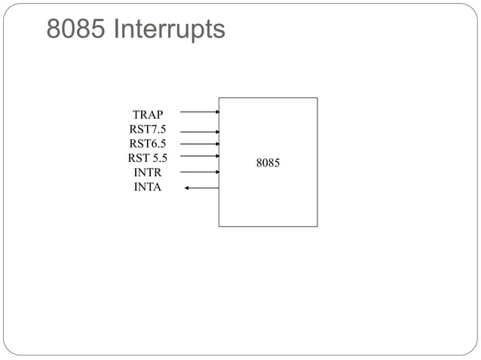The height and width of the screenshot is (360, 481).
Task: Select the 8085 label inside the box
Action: pyautogui.click(x=268, y=162)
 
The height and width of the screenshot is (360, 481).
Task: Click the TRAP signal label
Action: pyautogui.click(x=148, y=115)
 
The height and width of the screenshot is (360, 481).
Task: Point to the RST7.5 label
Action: pyautogui.click(x=148, y=130)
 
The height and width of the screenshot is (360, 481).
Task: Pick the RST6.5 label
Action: pyautogui.click(x=148, y=144)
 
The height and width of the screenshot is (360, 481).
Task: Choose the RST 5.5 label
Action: pyautogui.click(x=148, y=158)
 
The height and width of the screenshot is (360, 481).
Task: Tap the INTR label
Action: pyautogui.click(x=148, y=172)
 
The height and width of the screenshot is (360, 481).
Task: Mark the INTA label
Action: pyautogui.click(x=148, y=187)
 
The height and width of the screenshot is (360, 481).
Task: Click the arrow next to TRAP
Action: pyautogui.click(x=200, y=111)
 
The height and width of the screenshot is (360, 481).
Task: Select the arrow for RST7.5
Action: pyautogui.click(x=200, y=131)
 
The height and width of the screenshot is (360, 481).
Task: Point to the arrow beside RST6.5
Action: pyautogui.click(x=200, y=143)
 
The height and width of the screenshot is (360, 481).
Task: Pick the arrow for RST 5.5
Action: pyautogui.click(x=200, y=156)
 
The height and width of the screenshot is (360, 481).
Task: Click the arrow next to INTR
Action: pyautogui.click(x=200, y=172)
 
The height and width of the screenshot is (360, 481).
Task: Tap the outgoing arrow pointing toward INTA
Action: pyautogui.click(x=202, y=188)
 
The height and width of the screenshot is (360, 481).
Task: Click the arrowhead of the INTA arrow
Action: pyautogui.click(x=186, y=188)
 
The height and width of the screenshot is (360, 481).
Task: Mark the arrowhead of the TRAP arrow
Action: pyautogui.click(x=217, y=111)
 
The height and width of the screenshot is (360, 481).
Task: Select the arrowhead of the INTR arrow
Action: pyautogui.click(x=217, y=172)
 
